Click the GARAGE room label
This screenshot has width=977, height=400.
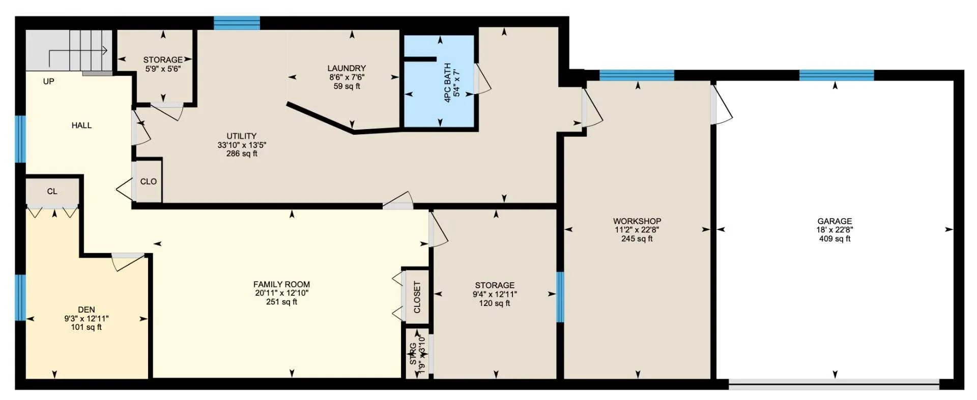tap(835, 221)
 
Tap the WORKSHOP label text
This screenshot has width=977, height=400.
tap(637, 221)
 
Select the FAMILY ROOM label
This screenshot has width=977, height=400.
tap(281, 285)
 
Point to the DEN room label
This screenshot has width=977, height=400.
tap(87, 310)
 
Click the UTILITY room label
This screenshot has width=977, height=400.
tap(242, 136)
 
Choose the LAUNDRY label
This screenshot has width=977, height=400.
tap(347, 68)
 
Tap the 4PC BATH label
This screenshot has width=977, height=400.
tap(448, 83)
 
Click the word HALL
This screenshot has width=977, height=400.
tap(81, 126)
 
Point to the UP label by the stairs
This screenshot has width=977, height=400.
tap(49, 81)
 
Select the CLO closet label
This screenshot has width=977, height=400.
tap(149, 181)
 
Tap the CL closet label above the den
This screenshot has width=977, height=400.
tap(52, 192)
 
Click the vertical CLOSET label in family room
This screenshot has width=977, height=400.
tap(417, 297)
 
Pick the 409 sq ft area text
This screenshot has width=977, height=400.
tap(835, 239)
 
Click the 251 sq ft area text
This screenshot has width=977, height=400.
tap(281, 302)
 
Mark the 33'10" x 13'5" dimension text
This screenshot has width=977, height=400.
tap(242, 145)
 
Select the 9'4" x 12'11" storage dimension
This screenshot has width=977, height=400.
tap(495, 294)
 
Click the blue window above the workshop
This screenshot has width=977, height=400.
tap(637, 75)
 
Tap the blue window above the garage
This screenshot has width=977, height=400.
tap(837, 75)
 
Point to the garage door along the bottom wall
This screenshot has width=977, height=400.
tap(834, 385)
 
